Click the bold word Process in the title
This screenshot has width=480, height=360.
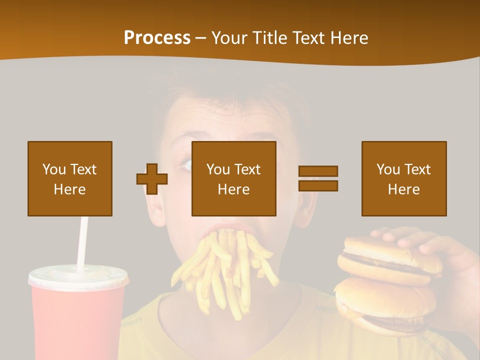tap(157, 38)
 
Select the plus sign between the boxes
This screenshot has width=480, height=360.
tap(152, 178)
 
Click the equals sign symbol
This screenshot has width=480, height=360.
tap(318, 178)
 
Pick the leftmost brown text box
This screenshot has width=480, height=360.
tap(70, 178)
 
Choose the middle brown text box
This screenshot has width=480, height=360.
tap(234, 178)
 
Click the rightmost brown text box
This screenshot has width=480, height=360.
tap(404, 178)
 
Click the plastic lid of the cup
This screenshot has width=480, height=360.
tap(78, 276)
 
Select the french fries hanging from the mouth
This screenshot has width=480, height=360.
tap(225, 270)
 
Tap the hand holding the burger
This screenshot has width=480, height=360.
tap(440, 245)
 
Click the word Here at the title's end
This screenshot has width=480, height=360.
tap(349, 38)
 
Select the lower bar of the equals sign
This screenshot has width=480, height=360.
tap(318, 186)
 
